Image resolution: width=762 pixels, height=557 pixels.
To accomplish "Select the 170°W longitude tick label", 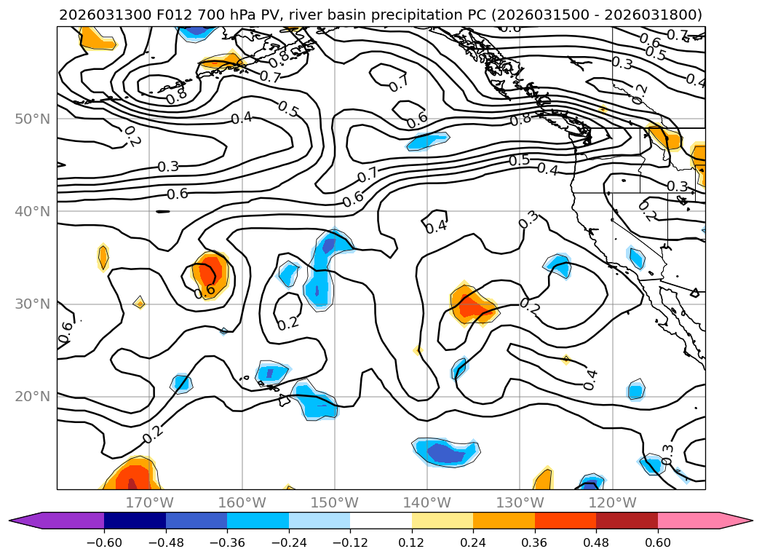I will (x=149, y=502).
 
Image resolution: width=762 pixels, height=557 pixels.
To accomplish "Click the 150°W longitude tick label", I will (x=335, y=502).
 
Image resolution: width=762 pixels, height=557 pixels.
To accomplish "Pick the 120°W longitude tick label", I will (x=612, y=502).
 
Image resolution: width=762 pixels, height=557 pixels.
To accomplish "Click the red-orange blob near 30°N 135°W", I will (x=472, y=304).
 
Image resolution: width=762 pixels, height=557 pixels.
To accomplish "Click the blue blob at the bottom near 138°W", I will (x=446, y=452).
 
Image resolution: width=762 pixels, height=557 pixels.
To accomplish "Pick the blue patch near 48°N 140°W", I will (x=428, y=141).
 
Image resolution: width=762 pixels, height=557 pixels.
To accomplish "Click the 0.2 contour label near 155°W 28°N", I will (x=288, y=323).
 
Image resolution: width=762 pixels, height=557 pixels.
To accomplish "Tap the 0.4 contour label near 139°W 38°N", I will (x=436, y=226).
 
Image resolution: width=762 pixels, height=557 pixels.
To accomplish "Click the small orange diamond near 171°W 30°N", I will (x=139, y=302).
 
